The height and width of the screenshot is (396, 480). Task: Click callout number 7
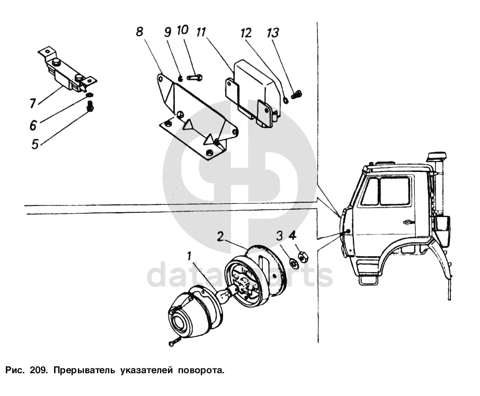(33, 102)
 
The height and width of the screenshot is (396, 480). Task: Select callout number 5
(34, 143)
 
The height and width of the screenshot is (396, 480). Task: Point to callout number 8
(139, 32)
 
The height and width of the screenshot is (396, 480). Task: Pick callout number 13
(272, 33)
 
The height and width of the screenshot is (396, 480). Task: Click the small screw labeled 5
(90, 107)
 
